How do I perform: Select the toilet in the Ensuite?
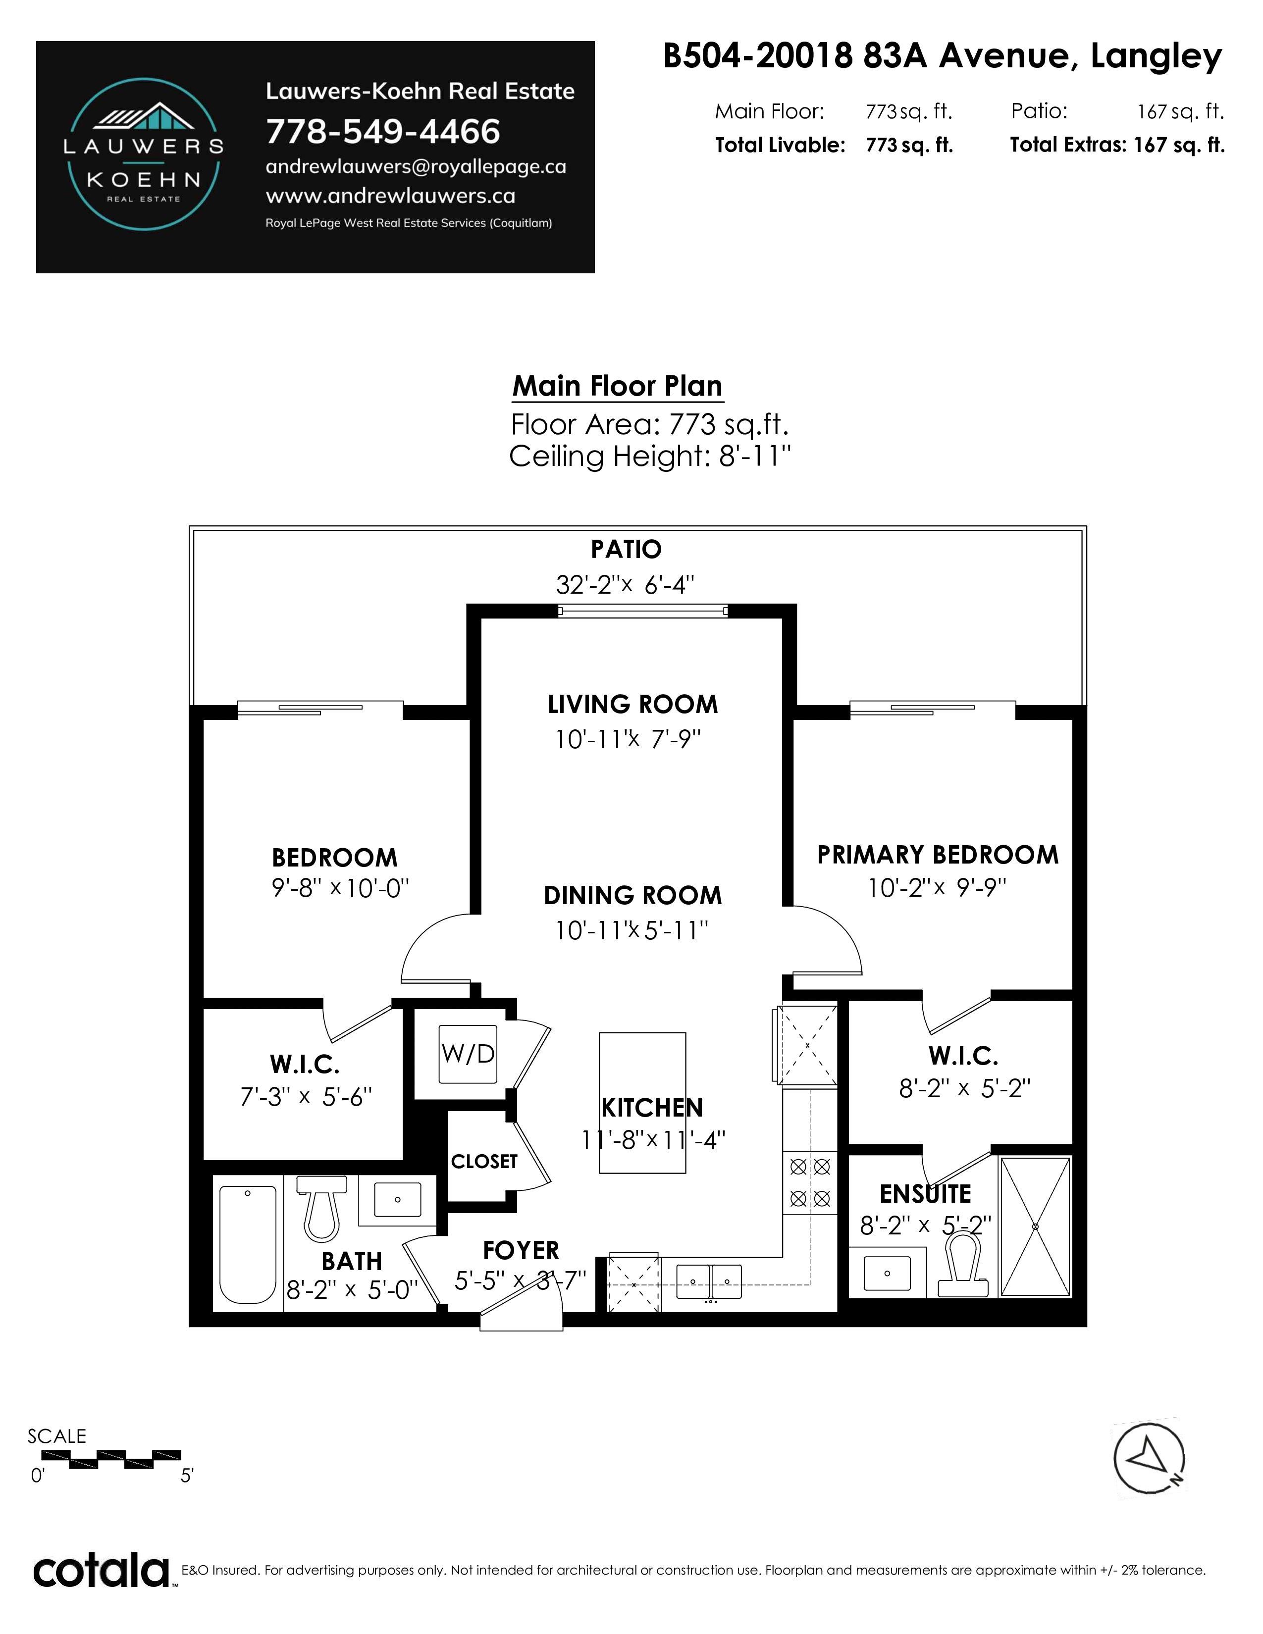click(x=963, y=1265)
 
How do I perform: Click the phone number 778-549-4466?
click(x=383, y=132)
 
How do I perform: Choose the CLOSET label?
click(x=484, y=1161)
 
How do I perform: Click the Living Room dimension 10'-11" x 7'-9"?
click(x=628, y=739)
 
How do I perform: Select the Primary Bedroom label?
click(x=938, y=855)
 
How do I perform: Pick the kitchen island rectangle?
click(x=642, y=1103)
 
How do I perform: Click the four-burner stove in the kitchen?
click(x=810, y=1183)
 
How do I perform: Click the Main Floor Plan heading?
click(x=617, y=386)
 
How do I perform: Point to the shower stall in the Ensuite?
click(x=1036, y=1227)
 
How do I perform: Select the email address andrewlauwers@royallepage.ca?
click(x=416, y=167)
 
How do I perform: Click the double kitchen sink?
click(x=709, y=1281)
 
